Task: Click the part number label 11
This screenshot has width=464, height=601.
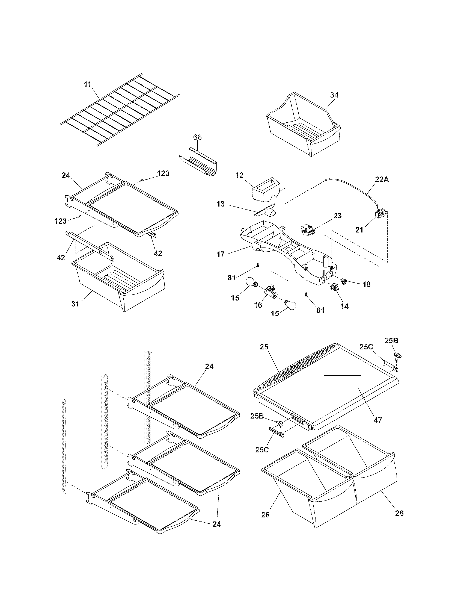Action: (x=87, y=84)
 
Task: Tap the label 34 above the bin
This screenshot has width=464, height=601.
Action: (x=334, y=95)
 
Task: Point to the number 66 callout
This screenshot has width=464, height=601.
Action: (x=197, y=137)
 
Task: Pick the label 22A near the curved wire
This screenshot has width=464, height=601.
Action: (x=382, y=179)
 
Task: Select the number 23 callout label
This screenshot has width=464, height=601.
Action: (x=337, y=216)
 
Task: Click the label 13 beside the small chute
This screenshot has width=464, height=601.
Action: (x=221, y=204)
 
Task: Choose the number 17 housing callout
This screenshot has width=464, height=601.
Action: (x=221, y=254)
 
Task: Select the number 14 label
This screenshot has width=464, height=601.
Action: (x=344, y=306)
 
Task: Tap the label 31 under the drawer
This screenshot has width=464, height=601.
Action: (x=75, y=304)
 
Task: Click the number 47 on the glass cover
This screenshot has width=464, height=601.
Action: (x=378, y=420)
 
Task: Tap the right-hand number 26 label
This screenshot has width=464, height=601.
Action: (x=399, y=513)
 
